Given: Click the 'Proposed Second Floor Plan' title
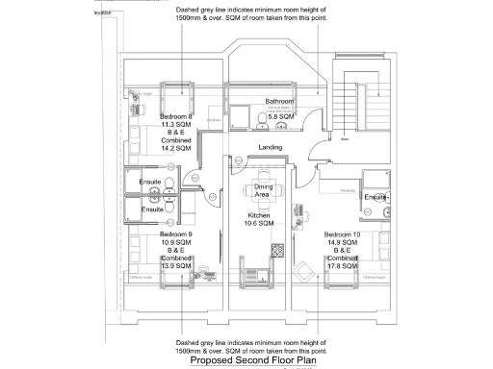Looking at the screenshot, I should pyautogui.click(x=252, y=360).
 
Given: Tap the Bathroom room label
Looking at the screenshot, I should pyautogui.click(x=279, y=101).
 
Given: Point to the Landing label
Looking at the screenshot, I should pyautogui.click(x=270, y=147).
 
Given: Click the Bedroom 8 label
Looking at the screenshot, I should pyautogui.click(x=176, y=115).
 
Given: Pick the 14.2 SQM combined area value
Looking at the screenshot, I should pyautogui.click(x=176, y=150).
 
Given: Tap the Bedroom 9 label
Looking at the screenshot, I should pyautogui.click(x=176, y=234).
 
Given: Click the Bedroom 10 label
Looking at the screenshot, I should pyautogui.click(x=343, y=235).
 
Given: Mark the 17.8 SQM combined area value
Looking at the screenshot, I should pyautogui.click(x=343, y=268).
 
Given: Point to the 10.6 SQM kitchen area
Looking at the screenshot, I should pyautogui.click(x=260, y=224).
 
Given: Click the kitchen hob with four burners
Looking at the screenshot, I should pyautogui.click(x=276, y=251).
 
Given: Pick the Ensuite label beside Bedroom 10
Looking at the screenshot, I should pyautogui.click(x=376, y=197).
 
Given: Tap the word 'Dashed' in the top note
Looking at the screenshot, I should pyautogui.click(x=189, y=10).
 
